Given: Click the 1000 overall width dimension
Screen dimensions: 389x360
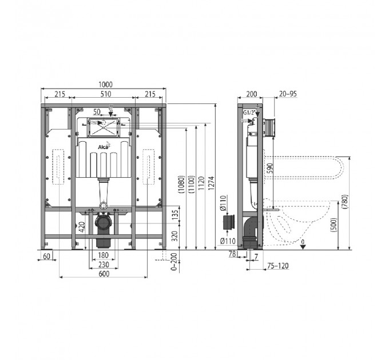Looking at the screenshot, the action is (x=105, y=85).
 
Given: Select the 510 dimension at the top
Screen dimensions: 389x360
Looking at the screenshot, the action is (x=106, y=94).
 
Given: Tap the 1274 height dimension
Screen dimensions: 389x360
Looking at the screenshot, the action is (x=211, y=183).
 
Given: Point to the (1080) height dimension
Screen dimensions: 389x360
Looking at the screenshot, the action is (x=181, y=185).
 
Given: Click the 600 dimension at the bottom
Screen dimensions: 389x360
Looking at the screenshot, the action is (x=104, y=274).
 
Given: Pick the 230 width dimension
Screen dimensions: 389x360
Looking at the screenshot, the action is (x=104, y=265).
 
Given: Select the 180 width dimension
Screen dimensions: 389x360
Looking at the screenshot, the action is (x=104, y=255).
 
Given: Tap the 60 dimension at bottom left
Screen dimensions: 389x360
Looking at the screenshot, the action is (x=47, y=256).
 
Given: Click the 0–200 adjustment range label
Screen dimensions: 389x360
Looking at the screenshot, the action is (x=174, y=262).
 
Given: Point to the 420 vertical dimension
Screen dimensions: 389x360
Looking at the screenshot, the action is (x=82, y=227).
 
